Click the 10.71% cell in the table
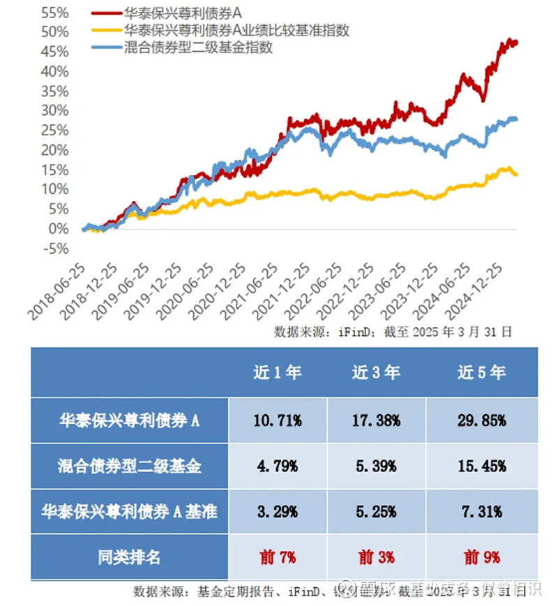click(x=278, y=421)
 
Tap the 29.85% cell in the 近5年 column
click(x=481, y=421)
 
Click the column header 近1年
click(x=278, y=372)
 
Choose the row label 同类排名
click(x=129, y=557)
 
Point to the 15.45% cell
click(x=481, y=466)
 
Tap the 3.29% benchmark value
click(x=278, y=511)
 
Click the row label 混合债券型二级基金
click(x=129, y=466)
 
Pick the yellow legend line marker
click(x=105, y=31)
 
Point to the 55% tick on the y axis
click(x=55, y=12)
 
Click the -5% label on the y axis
click(x=55, y=248)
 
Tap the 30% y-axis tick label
click(x=55, y=110)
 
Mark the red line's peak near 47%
click(x=511, y=40)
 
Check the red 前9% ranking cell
click(x=481, y=557)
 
